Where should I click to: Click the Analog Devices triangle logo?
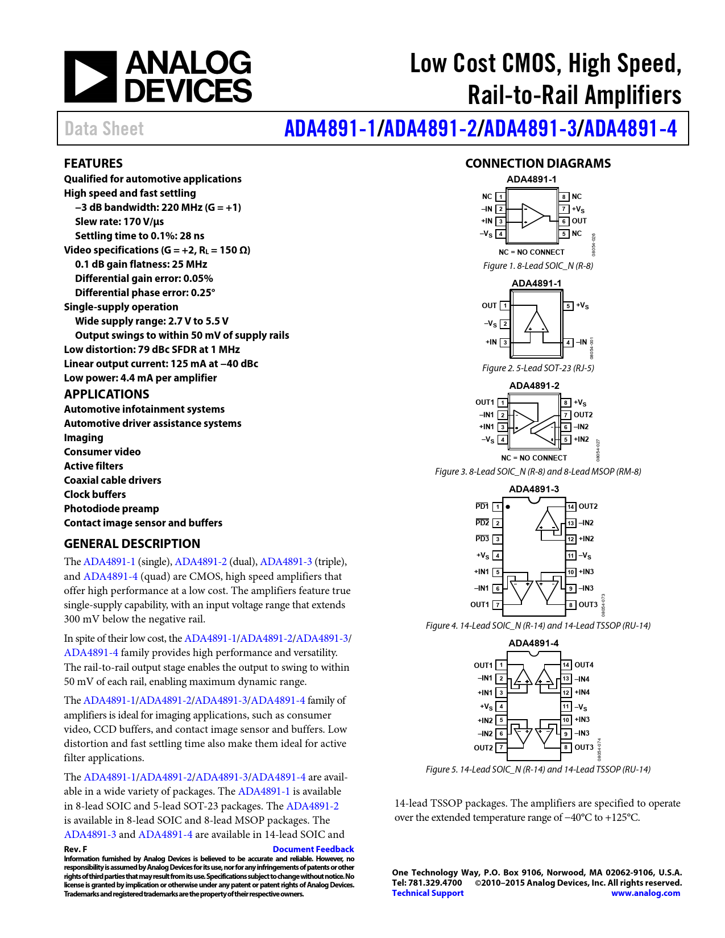pyautogui.click(x=90, y=77)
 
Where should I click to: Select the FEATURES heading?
pyautogui.click(x=93, y=164)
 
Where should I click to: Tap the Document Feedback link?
pyautogui.click(x=313, y=849)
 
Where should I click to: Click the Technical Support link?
pyautogui.click(x=428, y=893)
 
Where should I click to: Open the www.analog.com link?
pyautogui.click(x=645, y=893)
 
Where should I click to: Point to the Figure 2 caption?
pyautogui.click(x=538, y=368)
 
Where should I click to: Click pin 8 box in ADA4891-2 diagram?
pyautogui.click(x=566, y=402)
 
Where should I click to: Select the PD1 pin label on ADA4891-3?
pyautogui.click(x=482, y=507)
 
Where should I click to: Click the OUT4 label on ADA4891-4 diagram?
pyautogui.click(x=584, y=665)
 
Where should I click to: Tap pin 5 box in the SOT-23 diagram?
pyautogui.click(x=568, y=306)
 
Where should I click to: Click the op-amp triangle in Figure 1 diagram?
pyautogui.click(x=533, y=215)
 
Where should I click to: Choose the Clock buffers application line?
pyautogui.click(x=95, y=495)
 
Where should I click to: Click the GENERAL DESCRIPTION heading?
pyautogui.click(x=132, y=544)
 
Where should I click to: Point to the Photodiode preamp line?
pyautogui.click(x=111, y=509)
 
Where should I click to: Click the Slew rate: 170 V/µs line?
pyautogui.click(x=119, y=222)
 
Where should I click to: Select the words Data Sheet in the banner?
pyautogui.click(x=104, y=129)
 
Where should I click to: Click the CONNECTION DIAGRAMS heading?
pyautogui.click(x=538, y=164)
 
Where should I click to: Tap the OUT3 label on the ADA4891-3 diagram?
pyautogui.click(x=588, y=605)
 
